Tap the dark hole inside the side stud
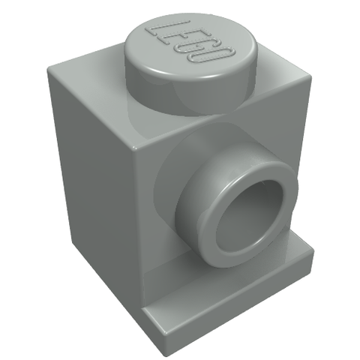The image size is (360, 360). click(241, 207)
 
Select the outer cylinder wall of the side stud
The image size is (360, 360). click(193, 200)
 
